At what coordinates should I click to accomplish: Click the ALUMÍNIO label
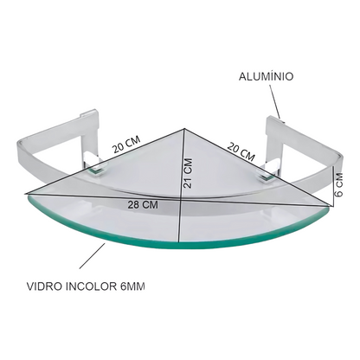[266, 76]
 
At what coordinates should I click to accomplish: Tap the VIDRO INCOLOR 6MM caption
[86, 286]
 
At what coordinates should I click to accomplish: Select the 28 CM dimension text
[143, 205]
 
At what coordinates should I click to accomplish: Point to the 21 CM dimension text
[188, 173]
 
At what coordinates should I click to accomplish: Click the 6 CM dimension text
[338, 184]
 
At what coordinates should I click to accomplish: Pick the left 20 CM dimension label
[126, 144]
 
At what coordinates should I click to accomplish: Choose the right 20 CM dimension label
[241, 151]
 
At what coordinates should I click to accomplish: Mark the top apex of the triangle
[184, 129]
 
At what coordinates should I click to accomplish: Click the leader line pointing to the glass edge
[93, 256]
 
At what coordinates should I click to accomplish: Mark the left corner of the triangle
[25, 194]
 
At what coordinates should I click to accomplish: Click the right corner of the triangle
[332, 206]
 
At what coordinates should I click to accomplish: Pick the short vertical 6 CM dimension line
[333, 187]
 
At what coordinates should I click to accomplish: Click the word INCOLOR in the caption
[91, 286]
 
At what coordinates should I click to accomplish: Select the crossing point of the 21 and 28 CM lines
[181, 199]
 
